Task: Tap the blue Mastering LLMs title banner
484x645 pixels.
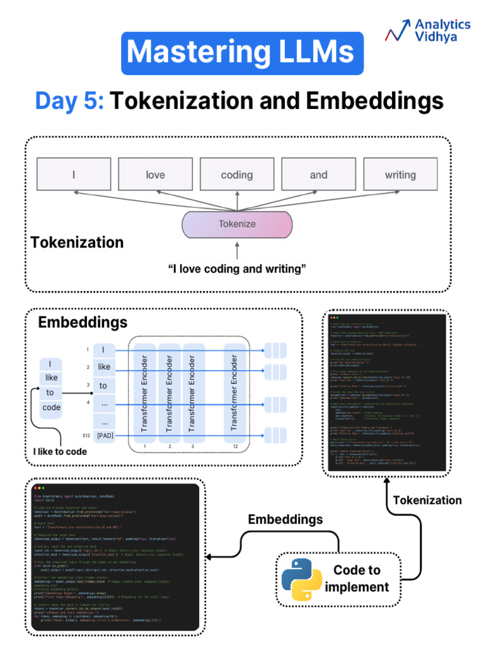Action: pos(243,53)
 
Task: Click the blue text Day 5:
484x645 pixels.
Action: pos(69,101)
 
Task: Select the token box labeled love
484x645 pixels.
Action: pos(155,174)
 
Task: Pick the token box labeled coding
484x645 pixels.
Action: pos(237,174)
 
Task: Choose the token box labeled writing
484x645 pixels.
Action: pos(400,174)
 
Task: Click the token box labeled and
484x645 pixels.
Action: pos(318,174)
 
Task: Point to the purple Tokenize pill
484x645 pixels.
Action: pos(237,224)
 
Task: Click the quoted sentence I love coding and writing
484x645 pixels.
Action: pos(237,269)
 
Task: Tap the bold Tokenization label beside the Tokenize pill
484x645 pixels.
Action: pos(77,243)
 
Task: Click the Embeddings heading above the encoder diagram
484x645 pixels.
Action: pos(83,323)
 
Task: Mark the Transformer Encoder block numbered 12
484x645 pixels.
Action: pos(234,392)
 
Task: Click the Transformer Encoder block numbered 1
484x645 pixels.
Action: pos(144,392)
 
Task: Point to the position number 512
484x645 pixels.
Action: pos(86,435)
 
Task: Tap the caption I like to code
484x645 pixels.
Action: pos(60,452)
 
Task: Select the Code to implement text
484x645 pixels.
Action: pos(357,578)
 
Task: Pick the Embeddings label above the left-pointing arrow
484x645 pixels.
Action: pos(285,520)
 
